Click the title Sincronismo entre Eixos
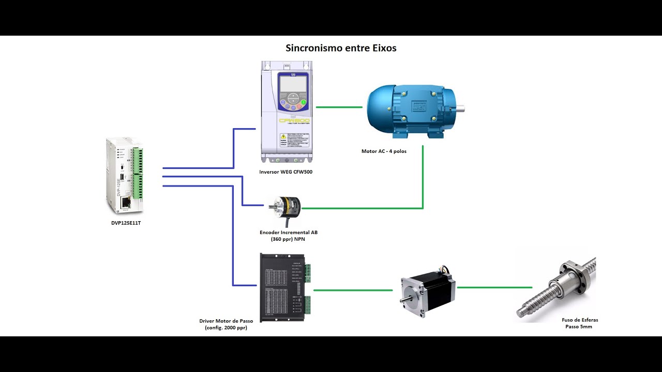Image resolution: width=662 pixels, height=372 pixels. pyautogui.click(x=341, y=48)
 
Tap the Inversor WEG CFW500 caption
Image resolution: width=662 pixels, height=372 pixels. pyautogui.click(x=285, y=172)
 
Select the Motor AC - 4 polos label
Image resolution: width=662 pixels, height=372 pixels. pyautogui.click(x=384, y=151)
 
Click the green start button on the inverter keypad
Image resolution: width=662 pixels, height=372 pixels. pyautogui.click(x=304, y=102)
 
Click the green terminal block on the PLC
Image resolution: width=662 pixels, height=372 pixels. pyautogui.click(x=138, y=173)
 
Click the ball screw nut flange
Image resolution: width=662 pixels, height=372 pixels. pyautogui.click(x=575, y=278)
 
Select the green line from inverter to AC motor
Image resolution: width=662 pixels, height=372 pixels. pyautogui.click(x=339, y=107)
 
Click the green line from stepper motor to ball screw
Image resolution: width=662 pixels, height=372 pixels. pyautogui.click(x=494, y=287)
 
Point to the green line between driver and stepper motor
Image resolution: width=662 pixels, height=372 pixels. pyautogui.click(x=353, y=290)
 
